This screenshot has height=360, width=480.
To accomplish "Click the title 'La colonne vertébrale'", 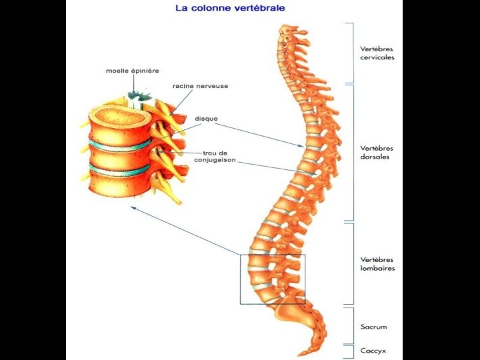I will [229, 9].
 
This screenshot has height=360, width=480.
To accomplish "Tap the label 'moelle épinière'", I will [132, 71].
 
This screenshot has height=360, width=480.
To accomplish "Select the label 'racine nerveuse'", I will [191, 86].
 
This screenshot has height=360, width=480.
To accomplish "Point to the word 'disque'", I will [206, 119].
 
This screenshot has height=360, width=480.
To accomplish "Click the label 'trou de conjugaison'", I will [215, 157].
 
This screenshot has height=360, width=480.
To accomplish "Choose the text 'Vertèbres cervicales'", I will [377, 53].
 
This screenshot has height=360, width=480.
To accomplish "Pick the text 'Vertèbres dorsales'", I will [376, 153].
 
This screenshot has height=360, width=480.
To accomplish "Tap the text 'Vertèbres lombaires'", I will [377, 264].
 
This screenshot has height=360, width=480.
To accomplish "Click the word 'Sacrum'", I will [373, 327].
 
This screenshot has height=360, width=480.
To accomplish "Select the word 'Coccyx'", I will [373, 351].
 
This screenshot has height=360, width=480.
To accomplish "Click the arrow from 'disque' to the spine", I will [260, 133].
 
